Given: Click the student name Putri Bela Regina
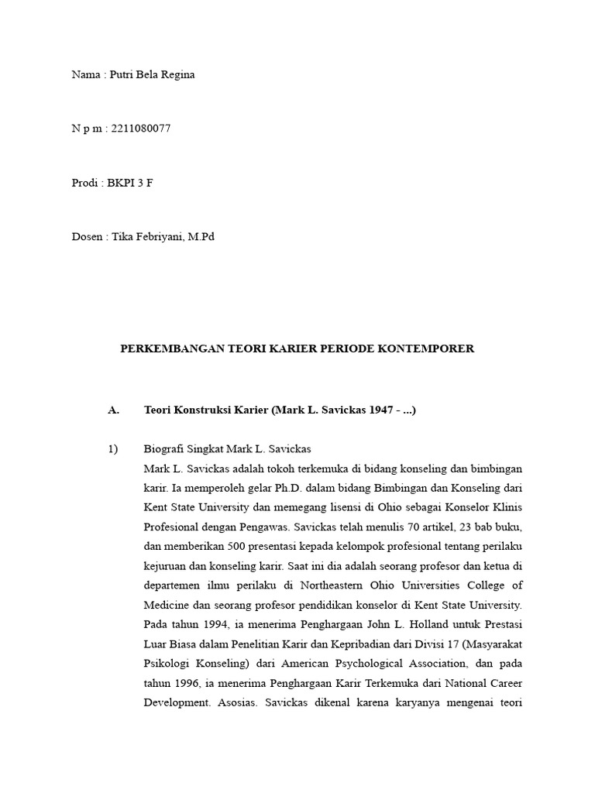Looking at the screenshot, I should click(x=153, y=75).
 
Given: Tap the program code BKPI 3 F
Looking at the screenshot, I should click(x=130, y=183).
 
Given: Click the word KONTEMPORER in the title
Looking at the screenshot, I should click(x=430, y=349).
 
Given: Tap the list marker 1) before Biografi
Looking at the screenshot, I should click(x=112, y=449).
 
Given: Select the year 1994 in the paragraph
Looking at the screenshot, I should click(x=209, y=624).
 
